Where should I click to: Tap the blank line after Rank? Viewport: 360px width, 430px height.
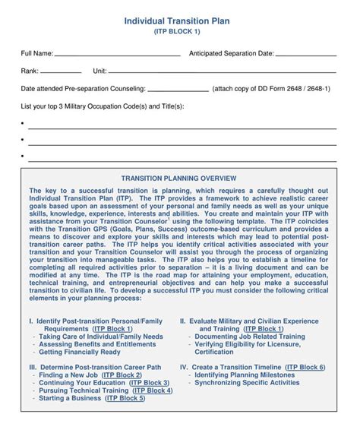tap(63, 73)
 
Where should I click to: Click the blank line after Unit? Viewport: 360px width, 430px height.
tap(143, 73)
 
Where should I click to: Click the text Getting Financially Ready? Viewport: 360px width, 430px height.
tap(80, 352)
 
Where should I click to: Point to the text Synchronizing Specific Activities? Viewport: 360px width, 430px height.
tap(247, 383)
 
